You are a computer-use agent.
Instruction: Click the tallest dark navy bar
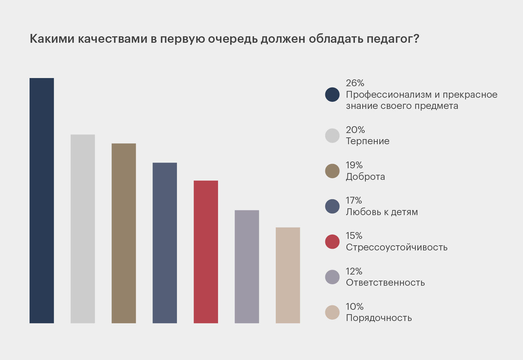click(x=42, y=201)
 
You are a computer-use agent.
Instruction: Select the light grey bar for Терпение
click(x=83, y=229)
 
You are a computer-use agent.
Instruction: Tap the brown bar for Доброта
click(x=124, y=233)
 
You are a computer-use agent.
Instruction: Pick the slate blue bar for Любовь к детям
click(x=165, y=243)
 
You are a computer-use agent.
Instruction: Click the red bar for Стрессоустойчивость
click(x=206, y=252)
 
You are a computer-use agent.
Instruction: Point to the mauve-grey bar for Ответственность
click(x=247, y=267)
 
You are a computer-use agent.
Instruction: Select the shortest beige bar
click(x=288, y=275)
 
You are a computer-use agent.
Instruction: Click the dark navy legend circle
click(x=332, y=95)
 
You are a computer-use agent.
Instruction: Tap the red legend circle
click(x=332, y=242)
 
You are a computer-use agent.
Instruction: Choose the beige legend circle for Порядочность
click(x=332, y=312)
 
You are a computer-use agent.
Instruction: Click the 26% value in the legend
click(x=355, y=83)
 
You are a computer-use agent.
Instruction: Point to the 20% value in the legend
click(x=355, y=130)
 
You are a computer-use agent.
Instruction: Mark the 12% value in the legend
click(x=354, y=271)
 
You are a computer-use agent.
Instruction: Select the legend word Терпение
click(x=367, y=141)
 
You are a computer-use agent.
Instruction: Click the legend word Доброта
click(x=365, y=177)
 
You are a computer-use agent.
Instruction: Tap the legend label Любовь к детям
click(x=382, y=212)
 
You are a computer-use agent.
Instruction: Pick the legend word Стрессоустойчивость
click(x=397, y=247)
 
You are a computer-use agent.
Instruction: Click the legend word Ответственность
click(x=385, y=283)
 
